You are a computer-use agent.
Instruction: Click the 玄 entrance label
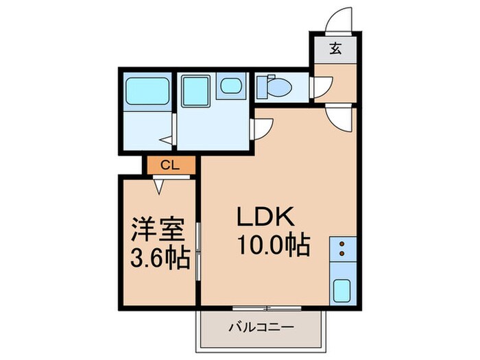(335, 48)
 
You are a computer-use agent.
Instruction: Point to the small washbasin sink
(230, 86)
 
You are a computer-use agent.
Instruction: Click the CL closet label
(170, 165)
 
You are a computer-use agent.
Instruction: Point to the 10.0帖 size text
(272, 243)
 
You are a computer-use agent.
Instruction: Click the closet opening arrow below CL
(159, 183)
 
